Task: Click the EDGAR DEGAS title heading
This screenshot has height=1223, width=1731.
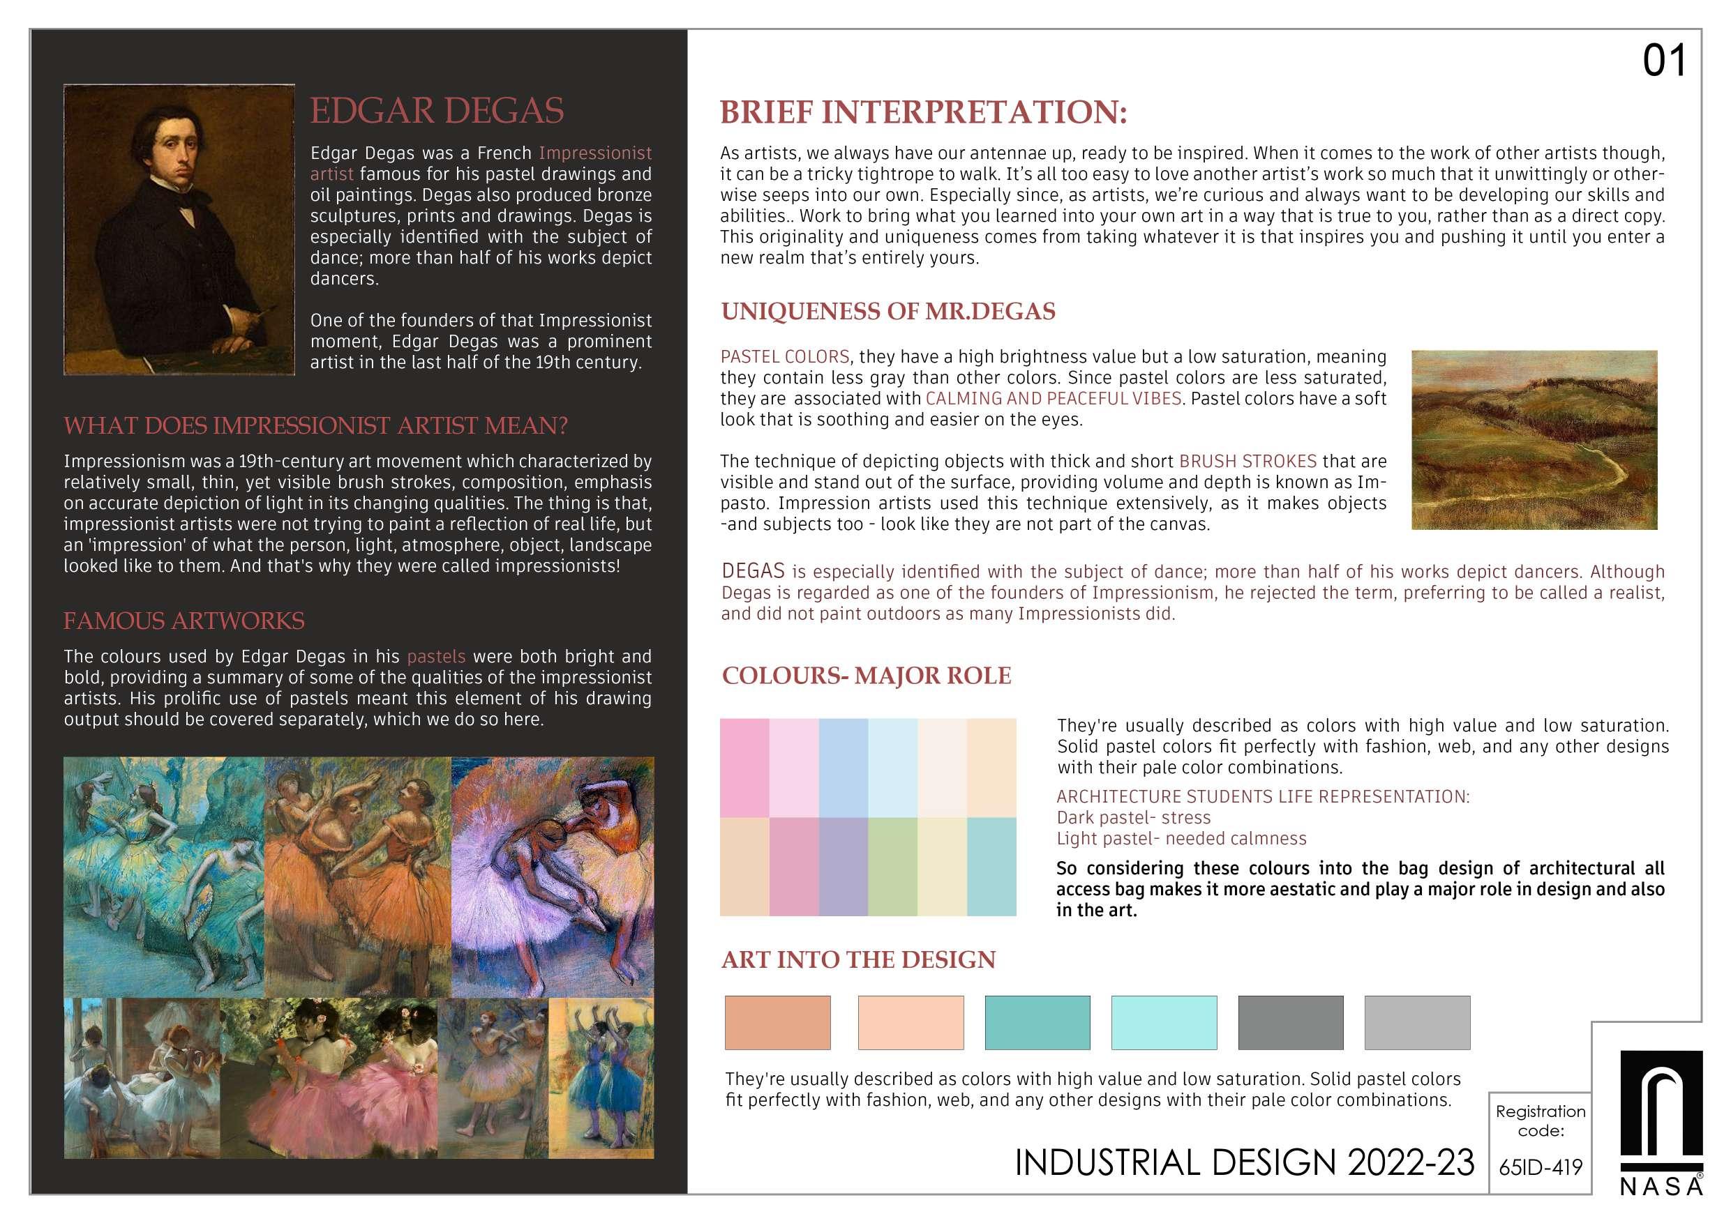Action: click(437, 111)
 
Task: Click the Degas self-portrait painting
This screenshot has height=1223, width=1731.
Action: click(179, 229)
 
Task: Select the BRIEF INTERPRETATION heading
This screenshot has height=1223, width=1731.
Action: click(923, 112)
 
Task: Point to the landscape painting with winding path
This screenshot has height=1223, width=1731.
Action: click(1534, 439)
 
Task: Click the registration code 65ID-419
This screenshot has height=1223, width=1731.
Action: click(1541, 1167)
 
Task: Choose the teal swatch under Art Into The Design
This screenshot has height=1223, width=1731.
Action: click(1037, 1023)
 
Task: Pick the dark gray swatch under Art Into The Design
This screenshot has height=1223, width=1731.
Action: click(1290, 1023)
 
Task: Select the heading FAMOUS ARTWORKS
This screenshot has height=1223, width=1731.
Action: click(184, 621)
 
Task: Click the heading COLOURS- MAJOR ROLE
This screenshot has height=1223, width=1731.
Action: click(867, 676)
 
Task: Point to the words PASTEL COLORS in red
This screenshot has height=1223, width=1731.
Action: click(785, 356)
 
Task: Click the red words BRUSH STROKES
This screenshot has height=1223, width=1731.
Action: click(1247, 461)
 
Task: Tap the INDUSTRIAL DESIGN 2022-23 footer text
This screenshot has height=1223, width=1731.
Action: click(1244, 1163)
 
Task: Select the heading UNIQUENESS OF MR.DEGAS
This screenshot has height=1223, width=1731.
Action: click(887, 311)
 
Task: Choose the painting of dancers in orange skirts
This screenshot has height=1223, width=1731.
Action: click(357, 876)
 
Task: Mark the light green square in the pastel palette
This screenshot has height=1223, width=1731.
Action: click(892, 867)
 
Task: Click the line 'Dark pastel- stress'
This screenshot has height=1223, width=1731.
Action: click(1133, 818)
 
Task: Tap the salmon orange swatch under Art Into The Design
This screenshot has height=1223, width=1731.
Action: click(777, 1023)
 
